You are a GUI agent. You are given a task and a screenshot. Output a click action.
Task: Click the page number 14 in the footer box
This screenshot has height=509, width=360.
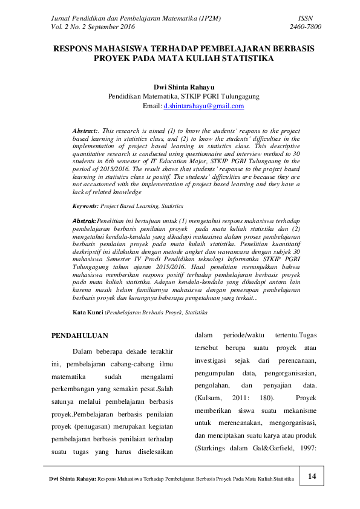[x=312, y=476]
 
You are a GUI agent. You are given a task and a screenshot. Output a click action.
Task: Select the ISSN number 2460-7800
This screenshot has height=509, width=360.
[x=306, y=27]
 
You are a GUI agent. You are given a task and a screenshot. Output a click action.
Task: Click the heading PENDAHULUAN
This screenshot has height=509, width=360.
[x=79, y=335]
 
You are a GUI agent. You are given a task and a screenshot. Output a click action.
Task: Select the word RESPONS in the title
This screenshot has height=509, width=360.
[x=77, y=48]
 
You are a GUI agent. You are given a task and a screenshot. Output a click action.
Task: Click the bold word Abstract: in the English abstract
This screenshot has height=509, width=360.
[x=85, y=131]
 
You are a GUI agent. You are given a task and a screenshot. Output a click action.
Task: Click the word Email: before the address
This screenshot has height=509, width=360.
[x=152, y=106]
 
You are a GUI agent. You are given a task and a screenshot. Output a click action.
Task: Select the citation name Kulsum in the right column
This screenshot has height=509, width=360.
[x=209, y=398]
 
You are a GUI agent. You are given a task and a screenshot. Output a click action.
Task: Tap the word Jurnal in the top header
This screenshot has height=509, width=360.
[x=61, y=19]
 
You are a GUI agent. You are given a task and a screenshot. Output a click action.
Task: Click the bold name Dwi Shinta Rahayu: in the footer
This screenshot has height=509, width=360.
[x=72, y=479]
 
